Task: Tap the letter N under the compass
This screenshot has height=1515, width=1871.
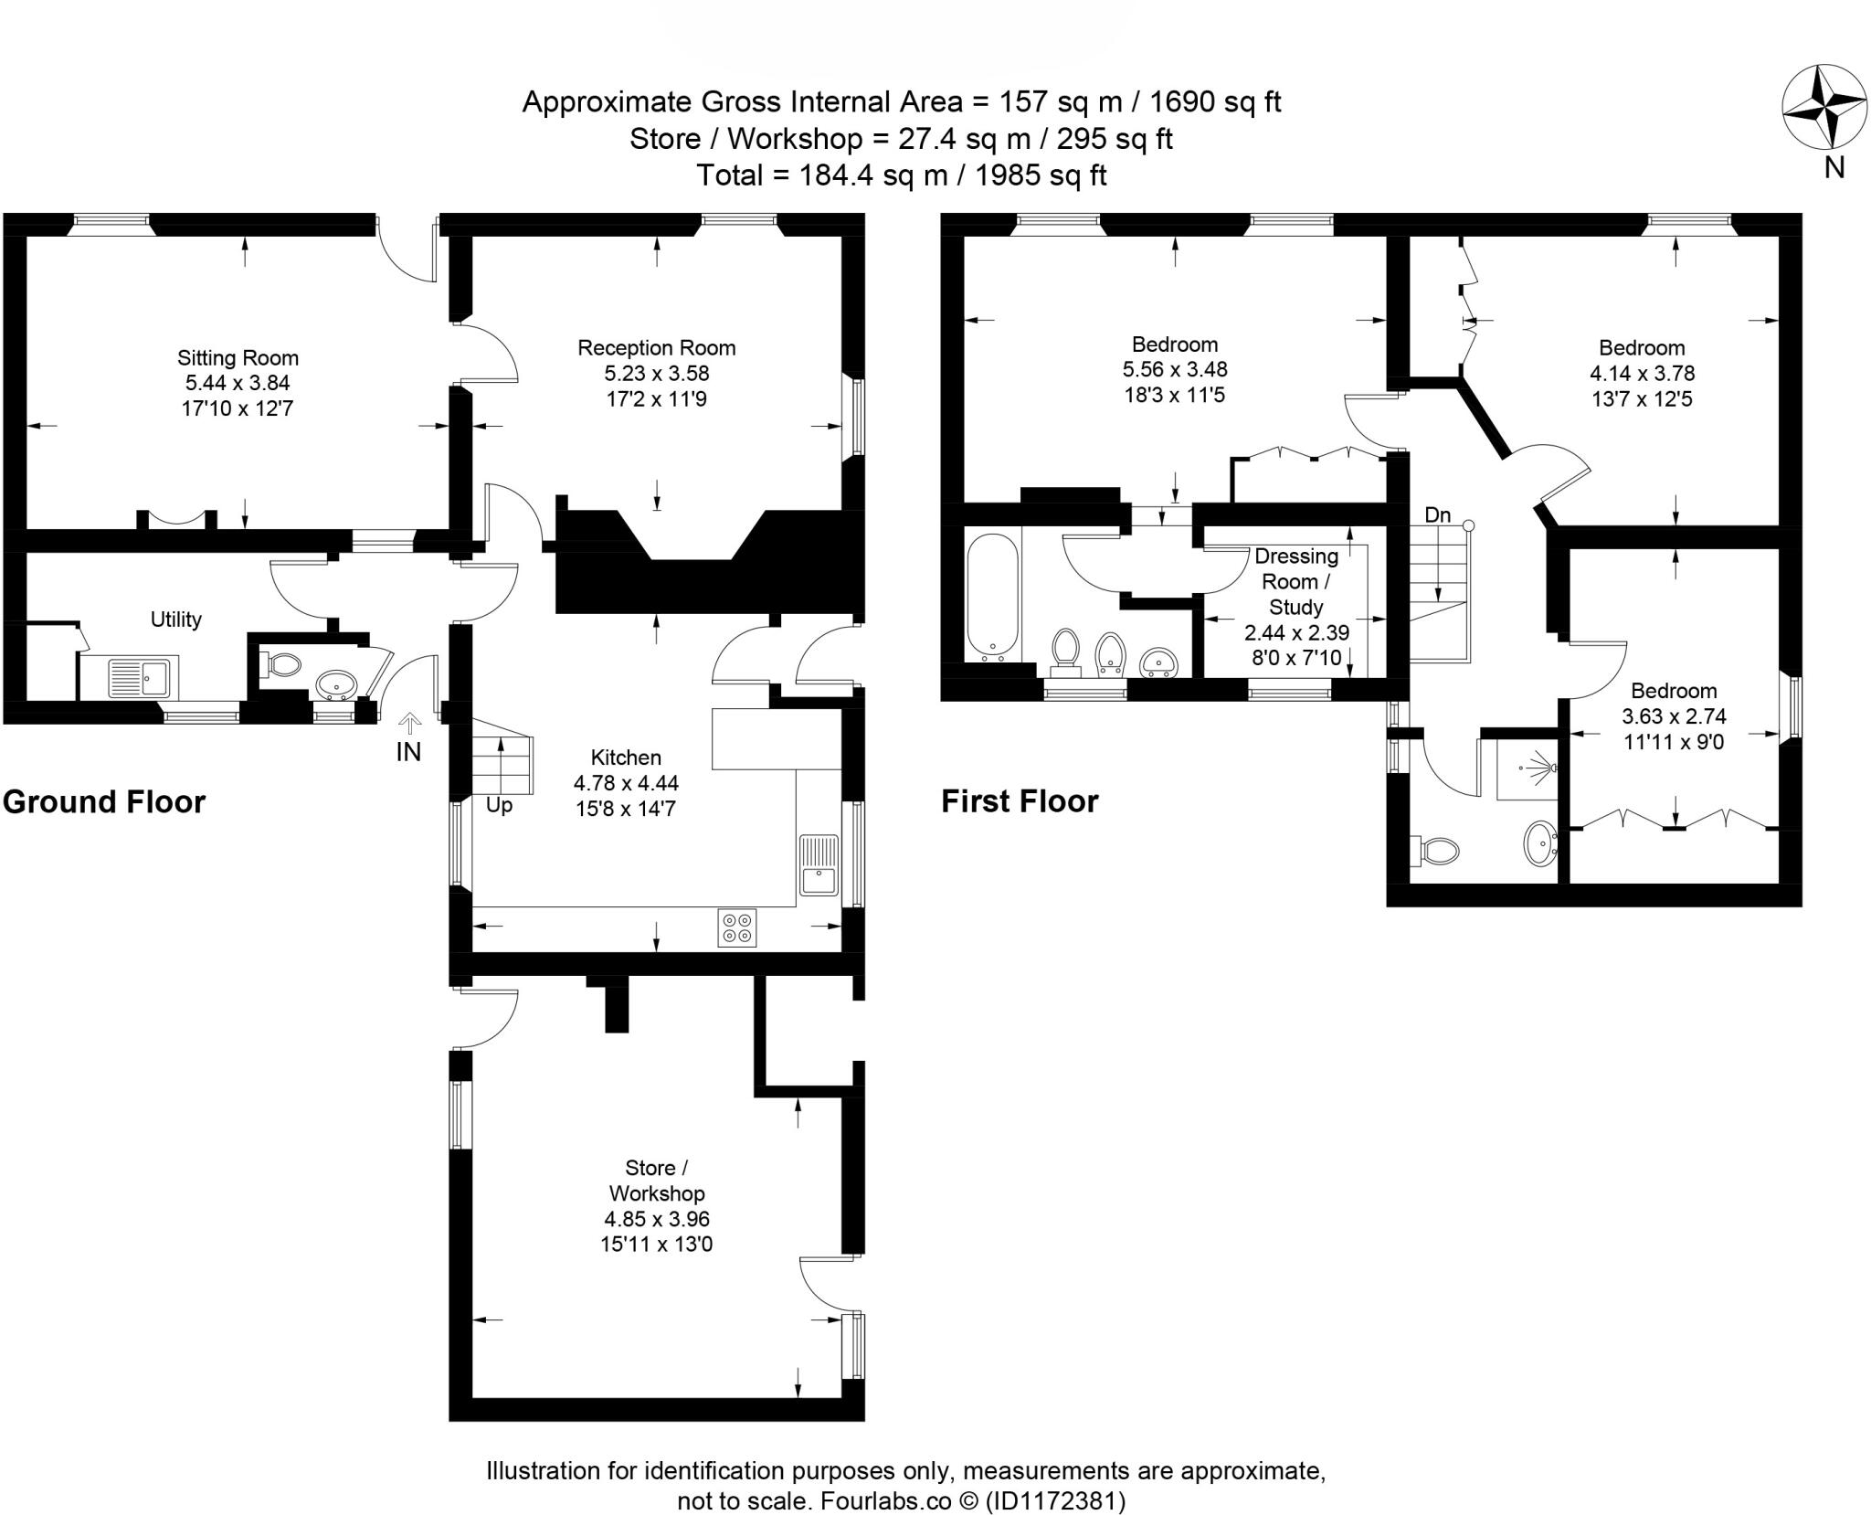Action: pos(1834,167)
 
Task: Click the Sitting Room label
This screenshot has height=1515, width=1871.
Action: pos(238,358)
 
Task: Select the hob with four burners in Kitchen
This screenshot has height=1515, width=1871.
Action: pos(737,927)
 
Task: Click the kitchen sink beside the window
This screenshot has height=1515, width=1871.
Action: pos(818,864)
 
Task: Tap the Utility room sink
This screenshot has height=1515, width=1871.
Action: pos(140,678)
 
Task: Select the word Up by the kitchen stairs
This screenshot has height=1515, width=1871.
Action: pos(499,805)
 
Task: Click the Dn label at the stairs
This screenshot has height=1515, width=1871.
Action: pos(1437,515)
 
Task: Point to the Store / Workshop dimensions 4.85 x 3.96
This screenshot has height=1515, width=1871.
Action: pos(656,1219)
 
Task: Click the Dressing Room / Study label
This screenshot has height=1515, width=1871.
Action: pos(1296,581)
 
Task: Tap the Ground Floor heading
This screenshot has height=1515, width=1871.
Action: pos(104,801)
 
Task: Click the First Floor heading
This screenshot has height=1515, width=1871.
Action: pos(1020,801)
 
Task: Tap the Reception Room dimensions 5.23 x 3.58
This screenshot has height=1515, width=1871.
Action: pos(656,373)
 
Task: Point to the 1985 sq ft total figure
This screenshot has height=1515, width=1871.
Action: pos(1041,175)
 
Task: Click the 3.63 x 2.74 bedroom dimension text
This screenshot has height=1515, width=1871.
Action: pos(1674,716)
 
